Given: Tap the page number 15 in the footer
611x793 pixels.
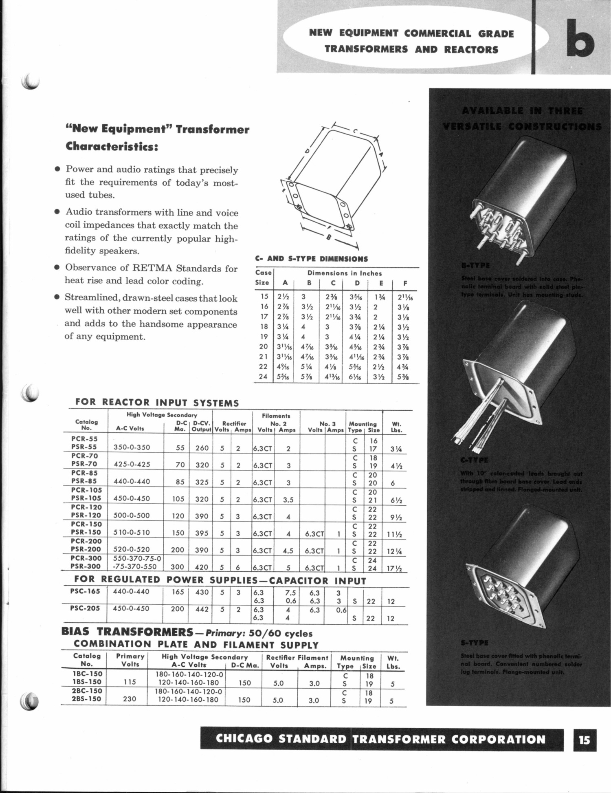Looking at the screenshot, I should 584,739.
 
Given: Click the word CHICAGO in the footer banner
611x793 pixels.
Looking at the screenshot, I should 244,739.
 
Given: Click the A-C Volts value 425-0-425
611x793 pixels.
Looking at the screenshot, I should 132,465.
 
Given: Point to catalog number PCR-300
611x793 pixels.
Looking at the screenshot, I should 86,558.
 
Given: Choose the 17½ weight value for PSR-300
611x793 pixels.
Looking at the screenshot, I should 394,568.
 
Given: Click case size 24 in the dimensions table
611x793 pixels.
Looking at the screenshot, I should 263,377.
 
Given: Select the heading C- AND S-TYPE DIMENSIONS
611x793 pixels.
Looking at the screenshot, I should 311,259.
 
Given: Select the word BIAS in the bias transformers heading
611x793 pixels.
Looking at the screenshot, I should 77,632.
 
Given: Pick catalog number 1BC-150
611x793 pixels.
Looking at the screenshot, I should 87,674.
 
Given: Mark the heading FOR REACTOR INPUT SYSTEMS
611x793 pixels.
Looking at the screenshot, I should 157,403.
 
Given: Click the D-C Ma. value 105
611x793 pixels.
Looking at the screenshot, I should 178,499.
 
